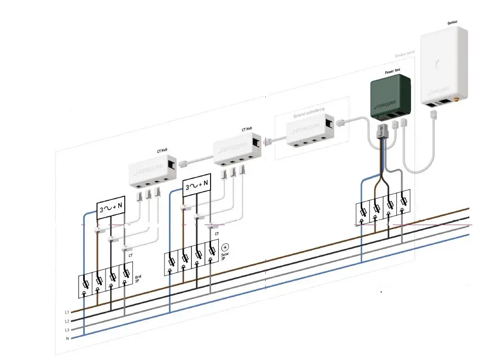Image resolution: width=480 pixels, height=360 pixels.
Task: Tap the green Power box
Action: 390,96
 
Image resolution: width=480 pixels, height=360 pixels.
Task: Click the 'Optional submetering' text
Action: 309,116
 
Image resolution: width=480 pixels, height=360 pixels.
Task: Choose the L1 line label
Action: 67,312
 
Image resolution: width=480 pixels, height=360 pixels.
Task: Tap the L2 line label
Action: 67,321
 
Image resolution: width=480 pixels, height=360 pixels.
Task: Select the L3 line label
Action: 67,330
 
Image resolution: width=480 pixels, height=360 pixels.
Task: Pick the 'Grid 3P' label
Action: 137,279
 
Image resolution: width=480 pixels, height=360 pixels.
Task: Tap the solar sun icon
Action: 224,247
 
